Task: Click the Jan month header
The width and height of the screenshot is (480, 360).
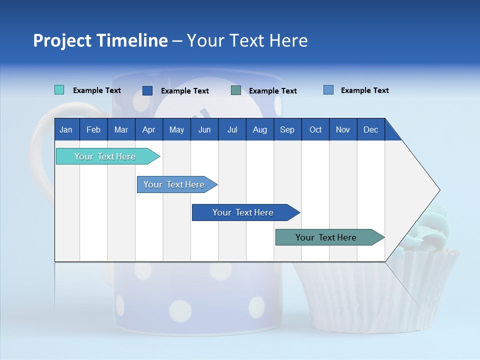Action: [66, 130]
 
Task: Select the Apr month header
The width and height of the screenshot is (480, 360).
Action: [148, 130]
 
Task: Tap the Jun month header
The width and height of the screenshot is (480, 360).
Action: [204, 130]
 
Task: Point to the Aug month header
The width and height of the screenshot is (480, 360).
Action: [259, 130]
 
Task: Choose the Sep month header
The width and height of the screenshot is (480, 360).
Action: [287, 130]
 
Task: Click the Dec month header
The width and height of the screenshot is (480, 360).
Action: [370, 130]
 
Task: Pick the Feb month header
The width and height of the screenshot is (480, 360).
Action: [93, 130]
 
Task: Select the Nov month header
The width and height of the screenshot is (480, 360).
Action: [342, 130]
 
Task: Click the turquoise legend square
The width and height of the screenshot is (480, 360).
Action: [59, 90]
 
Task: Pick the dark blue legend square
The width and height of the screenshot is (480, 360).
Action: [147, 90]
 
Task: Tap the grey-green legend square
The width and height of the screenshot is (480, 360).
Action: [236, 90]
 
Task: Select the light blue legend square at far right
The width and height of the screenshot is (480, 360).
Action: [328, 90]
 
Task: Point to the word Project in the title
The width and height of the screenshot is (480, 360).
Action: [63, 40]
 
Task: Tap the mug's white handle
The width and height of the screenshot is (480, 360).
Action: [40, 145]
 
